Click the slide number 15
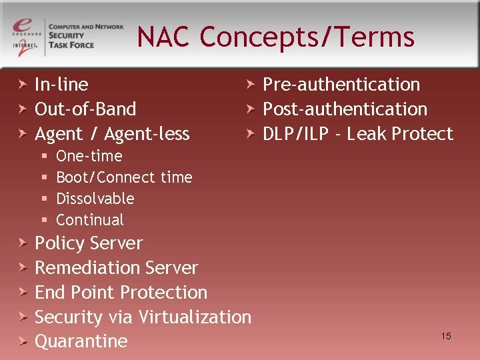pos(446,336)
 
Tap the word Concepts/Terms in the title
pos(307,37)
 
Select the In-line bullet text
pos(61,85)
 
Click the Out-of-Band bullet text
pos(85,109)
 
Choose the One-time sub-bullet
pos(89,156)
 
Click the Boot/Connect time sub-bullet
pos(124,177)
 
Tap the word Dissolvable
pos(95,199)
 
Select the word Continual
pos(90,220)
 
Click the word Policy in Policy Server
pos(59,243)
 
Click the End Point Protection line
pos(121,293)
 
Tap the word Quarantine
pos(81,341)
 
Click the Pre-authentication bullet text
pos(341,85)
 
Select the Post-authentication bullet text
pos(345,109)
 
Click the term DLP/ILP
pos(296,134)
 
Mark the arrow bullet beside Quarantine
pos(23,341)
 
